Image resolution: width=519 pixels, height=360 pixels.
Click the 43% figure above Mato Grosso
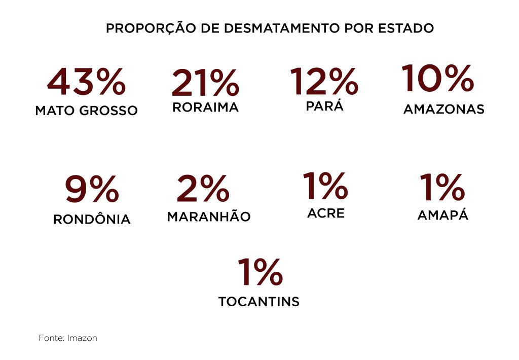[86, 82]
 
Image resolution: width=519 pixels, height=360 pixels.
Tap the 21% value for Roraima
[205, 83]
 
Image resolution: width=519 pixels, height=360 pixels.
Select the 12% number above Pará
[324, 82]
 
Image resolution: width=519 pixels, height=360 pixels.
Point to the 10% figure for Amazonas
[437, 78]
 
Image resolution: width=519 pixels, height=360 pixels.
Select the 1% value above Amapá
[442, 187]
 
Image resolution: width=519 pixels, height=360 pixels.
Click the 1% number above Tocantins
[259, 272]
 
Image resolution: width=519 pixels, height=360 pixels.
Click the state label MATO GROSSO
[86, 111]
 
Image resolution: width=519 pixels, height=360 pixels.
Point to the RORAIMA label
[205, 107]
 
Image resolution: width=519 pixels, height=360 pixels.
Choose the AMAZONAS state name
[443, 109]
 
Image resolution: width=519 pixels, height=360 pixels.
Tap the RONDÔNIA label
[92, 219]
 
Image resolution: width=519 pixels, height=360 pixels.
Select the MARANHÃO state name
[209, 217]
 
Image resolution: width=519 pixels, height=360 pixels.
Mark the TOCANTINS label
[259, 302]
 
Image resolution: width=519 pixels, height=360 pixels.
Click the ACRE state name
[325, 213]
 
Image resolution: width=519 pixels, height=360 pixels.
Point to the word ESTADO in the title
[406, 28]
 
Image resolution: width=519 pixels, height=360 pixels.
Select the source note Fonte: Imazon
[68, 338]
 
